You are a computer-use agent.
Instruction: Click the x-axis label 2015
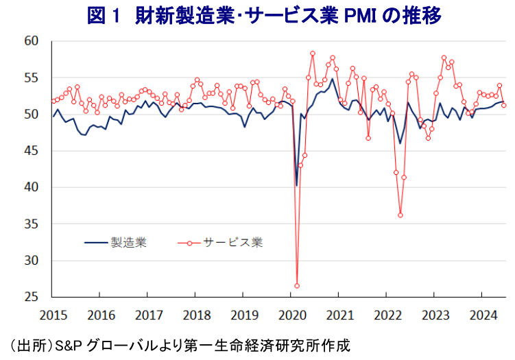53,316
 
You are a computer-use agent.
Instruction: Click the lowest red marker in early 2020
297,285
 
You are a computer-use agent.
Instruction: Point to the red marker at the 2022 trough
400,215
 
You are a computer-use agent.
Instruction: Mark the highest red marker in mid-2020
313,53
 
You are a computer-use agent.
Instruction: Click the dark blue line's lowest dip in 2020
297,185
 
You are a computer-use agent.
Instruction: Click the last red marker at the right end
504,105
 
